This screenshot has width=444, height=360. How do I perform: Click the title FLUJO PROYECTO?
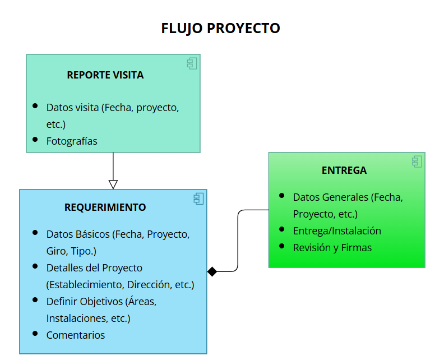pyautogui.click(x=221, y=28)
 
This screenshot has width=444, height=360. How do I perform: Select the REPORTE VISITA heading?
pyautogui.click(x=105, y=75)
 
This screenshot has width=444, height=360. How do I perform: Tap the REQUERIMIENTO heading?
pyautogui.click(x=105, y=207)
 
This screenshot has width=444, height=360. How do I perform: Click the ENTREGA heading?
pyautogui.click(x=344, y=170)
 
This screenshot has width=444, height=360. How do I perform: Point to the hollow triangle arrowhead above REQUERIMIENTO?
pyautogui.click(x=113, y=184)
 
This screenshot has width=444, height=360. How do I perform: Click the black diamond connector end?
pyautogui.click(x=212, y=271)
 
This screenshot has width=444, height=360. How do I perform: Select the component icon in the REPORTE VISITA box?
pyautogui.click(x=192, y=63)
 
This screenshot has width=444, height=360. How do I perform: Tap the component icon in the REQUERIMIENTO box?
pyautogui.click(x=199, y=198)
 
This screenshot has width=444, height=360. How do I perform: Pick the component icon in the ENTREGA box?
pyautogui.click(x=417, y=161)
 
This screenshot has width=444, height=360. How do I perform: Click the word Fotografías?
pyautogui.click(x=72, y=141)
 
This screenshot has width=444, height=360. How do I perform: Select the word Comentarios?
pyautogui.click(x=76, y=335)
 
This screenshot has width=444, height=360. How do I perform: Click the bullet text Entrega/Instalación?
pyautogui.click(x=337, y=230)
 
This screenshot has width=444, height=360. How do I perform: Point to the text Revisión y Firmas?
pyautogui.click(x=332, y=247)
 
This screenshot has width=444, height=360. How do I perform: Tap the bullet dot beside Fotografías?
pyautogui.click(x=35, y=140)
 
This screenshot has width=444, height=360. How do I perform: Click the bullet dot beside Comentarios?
pyautogui.click(x=35, y=334)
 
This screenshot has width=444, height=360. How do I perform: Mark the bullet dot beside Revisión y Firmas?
pyautogui.click(x=282, y=246)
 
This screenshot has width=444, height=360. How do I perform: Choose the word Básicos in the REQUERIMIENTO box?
pyautogui.click(x=92, y=234)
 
